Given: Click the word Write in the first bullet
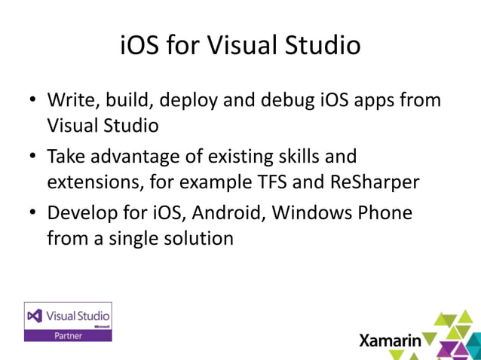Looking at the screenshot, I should (70, 100).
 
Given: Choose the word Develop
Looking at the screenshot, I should (81, 213).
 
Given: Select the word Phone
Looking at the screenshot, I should (384, 213).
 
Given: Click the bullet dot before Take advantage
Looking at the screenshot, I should (33, 157).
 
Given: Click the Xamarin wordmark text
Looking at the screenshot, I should (390, 340).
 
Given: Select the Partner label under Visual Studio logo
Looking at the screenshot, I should (68, 335).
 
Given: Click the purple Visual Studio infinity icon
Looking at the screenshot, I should (35, 316).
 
